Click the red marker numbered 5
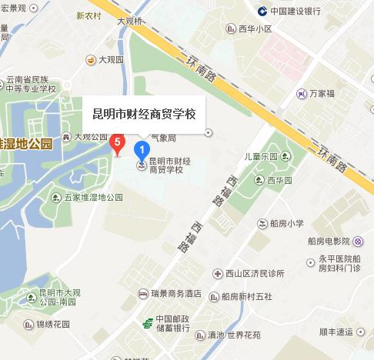click(117, 142)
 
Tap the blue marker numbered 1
click(142, 148)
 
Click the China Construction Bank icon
click(262, 11)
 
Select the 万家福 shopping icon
click(301, 94)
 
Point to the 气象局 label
click(163, 138)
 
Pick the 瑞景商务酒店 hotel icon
click(142, 293)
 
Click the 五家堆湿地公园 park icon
click(56, 198)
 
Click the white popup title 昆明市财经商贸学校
click(144, 114)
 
